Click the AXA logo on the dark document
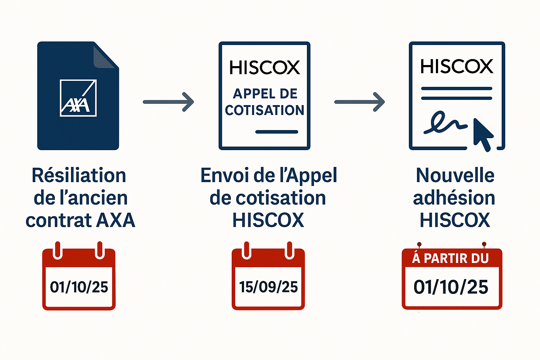pos(78,98)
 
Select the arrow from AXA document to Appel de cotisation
pos(168,102)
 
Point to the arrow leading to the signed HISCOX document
pos(359,102)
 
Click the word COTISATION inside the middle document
pos(264,110)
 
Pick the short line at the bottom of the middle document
pos(277,131)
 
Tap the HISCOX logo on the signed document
pos(457,66)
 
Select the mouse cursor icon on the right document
pos(483,135)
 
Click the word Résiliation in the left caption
pos(79,175)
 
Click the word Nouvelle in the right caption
pos(455,175)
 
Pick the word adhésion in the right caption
pos(454,198)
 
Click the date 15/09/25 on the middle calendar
pos(268,287)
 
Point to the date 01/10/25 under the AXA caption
pos(79,287)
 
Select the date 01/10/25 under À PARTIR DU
pos(451,287)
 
